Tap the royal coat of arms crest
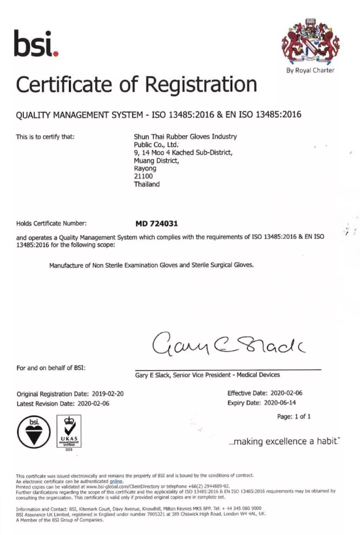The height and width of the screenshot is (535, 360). [x=310, y=42]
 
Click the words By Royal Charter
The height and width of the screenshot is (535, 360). [x=310, y=70]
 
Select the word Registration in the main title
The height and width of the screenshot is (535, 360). [x=201, y=84]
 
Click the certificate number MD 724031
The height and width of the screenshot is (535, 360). [x=157, y=224]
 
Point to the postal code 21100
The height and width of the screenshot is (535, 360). [x=143, y=176]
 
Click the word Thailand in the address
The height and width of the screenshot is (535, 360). [x=147, y=184]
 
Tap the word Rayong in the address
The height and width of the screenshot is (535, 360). [x=145, y=168]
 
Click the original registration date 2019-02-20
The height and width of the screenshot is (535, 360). [x=107, y=394]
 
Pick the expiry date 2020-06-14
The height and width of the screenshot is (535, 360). [x=280, y=403]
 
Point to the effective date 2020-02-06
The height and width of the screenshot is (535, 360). [x=286, y=393]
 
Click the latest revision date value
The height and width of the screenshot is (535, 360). [x=93, y=403]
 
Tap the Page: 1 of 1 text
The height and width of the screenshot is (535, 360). [x=294, y=416]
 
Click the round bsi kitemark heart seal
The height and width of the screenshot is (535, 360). [x=34, y=432]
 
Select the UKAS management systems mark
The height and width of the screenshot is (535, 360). [x=69, y=431]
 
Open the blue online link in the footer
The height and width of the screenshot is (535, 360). [x=116, y=481]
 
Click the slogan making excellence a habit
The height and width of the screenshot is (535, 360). [x=284, y=441]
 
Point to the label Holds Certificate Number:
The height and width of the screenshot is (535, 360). [x=51, y=224]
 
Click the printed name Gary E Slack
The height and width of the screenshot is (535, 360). [x=152, y=375]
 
